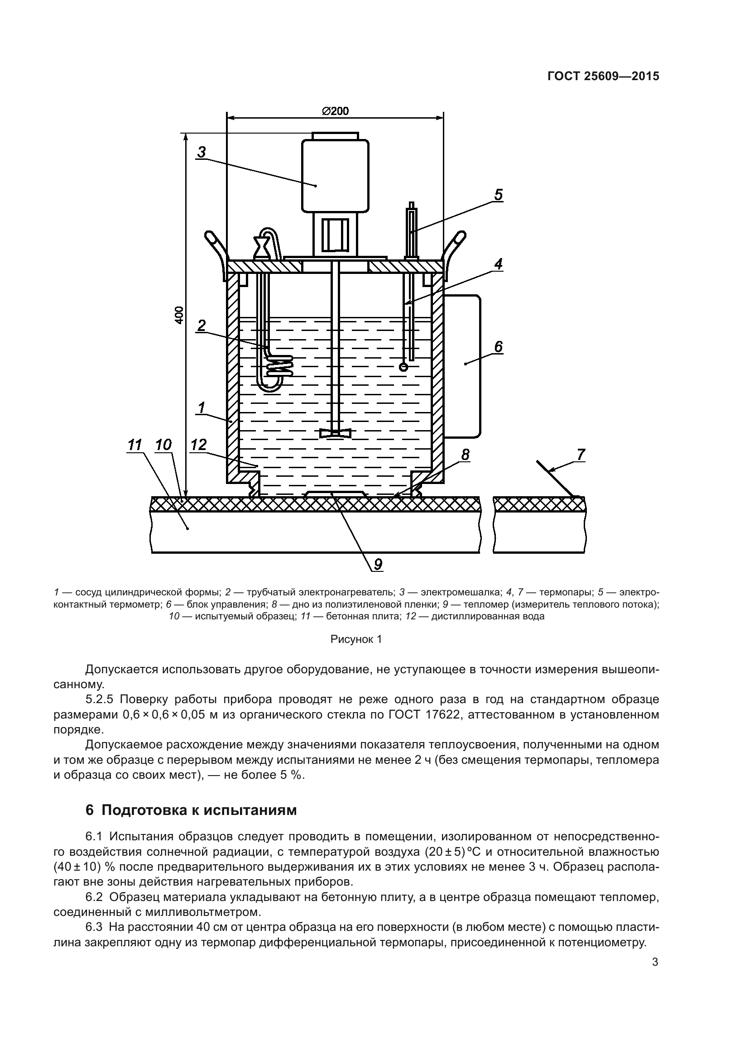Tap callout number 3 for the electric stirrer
point(202,152)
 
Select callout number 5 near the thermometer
point(498,195)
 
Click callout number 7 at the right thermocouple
point(581,454)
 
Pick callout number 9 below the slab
point(378,564)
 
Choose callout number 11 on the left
point(134,445)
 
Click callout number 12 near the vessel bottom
point(198,445)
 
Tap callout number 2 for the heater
point(201,326)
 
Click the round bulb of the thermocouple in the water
point(403,367)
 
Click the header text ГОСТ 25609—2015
point(603,77)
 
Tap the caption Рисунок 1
point(356,640)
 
